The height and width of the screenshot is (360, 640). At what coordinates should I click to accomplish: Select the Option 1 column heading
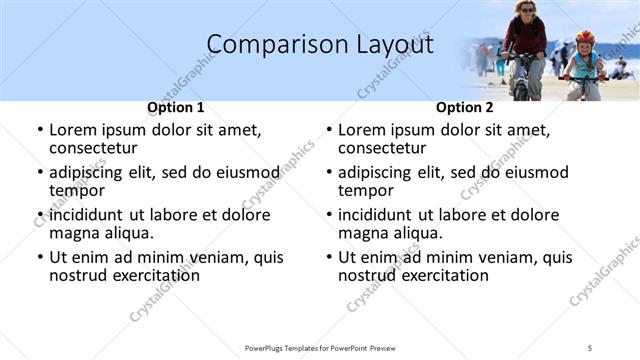pos(176,107)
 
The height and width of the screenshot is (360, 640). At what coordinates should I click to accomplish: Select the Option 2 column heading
pos(465,107)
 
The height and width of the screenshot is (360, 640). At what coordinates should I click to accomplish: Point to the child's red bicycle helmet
pos(585,37)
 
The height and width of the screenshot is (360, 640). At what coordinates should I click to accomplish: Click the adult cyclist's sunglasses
pos(527,10)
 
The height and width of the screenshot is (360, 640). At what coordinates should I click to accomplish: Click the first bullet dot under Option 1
pos(39,130)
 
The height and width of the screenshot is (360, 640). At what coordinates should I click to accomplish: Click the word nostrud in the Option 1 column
pos(80,275)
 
